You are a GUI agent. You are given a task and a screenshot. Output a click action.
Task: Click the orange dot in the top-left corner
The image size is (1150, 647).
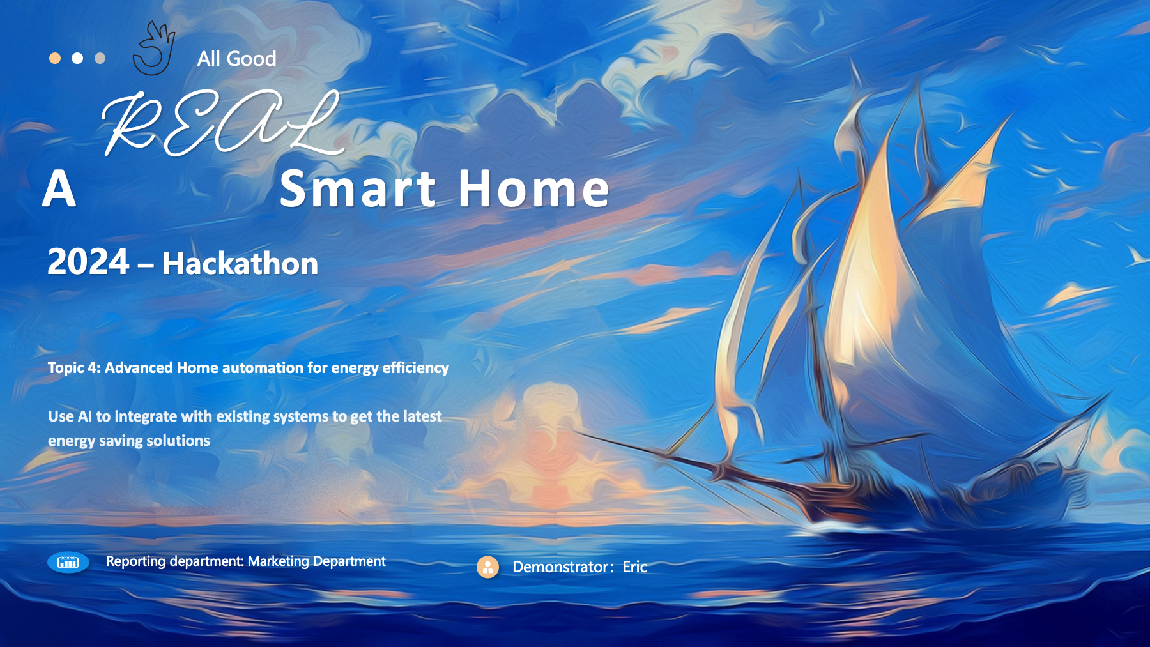[55, 58]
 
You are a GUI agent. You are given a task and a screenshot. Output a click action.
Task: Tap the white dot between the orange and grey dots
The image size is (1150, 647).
[77, 58]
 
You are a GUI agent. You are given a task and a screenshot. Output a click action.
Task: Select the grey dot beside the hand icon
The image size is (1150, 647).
[100, 58]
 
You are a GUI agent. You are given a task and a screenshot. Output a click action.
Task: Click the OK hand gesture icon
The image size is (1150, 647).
[154, 49]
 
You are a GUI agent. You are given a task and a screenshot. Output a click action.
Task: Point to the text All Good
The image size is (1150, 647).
[236, 59]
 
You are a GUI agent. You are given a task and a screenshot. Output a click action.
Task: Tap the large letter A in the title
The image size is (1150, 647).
[59, 189]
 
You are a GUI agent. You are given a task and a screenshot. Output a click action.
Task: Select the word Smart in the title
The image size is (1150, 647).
[358, 189]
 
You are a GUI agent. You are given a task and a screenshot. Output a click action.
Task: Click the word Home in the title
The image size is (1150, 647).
[534, 189]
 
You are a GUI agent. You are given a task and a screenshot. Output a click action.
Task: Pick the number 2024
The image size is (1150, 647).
[89, 263]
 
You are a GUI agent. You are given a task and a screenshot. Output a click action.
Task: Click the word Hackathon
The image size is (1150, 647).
[240, 263]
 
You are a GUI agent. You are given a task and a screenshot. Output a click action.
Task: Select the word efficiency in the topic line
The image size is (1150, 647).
[415, 369]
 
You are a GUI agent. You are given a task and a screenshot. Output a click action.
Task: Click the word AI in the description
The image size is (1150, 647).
[85, 416]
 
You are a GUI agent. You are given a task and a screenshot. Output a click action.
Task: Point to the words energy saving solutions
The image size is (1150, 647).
[129, 441]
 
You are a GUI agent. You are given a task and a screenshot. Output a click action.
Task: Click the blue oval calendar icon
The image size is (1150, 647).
[68, 562]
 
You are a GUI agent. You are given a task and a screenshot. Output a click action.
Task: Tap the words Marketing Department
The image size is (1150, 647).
[317, 561]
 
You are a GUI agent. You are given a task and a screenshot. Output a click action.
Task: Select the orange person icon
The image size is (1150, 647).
[487, 567]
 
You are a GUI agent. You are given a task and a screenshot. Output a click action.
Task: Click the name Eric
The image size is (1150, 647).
[635, 567]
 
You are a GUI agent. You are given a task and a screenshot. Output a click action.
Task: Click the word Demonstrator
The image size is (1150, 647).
[560, 567]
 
